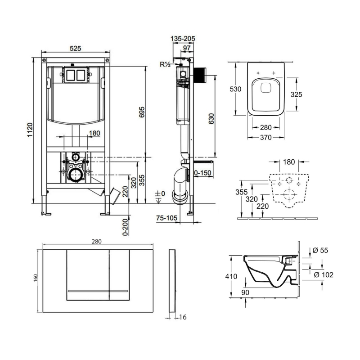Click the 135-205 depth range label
coord(183,39)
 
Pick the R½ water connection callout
coord(165,65)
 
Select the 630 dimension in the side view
coord(211,118)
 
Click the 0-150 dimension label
coord(203,172)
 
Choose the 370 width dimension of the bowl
coord(266,138)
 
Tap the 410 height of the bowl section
coord(231,277)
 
